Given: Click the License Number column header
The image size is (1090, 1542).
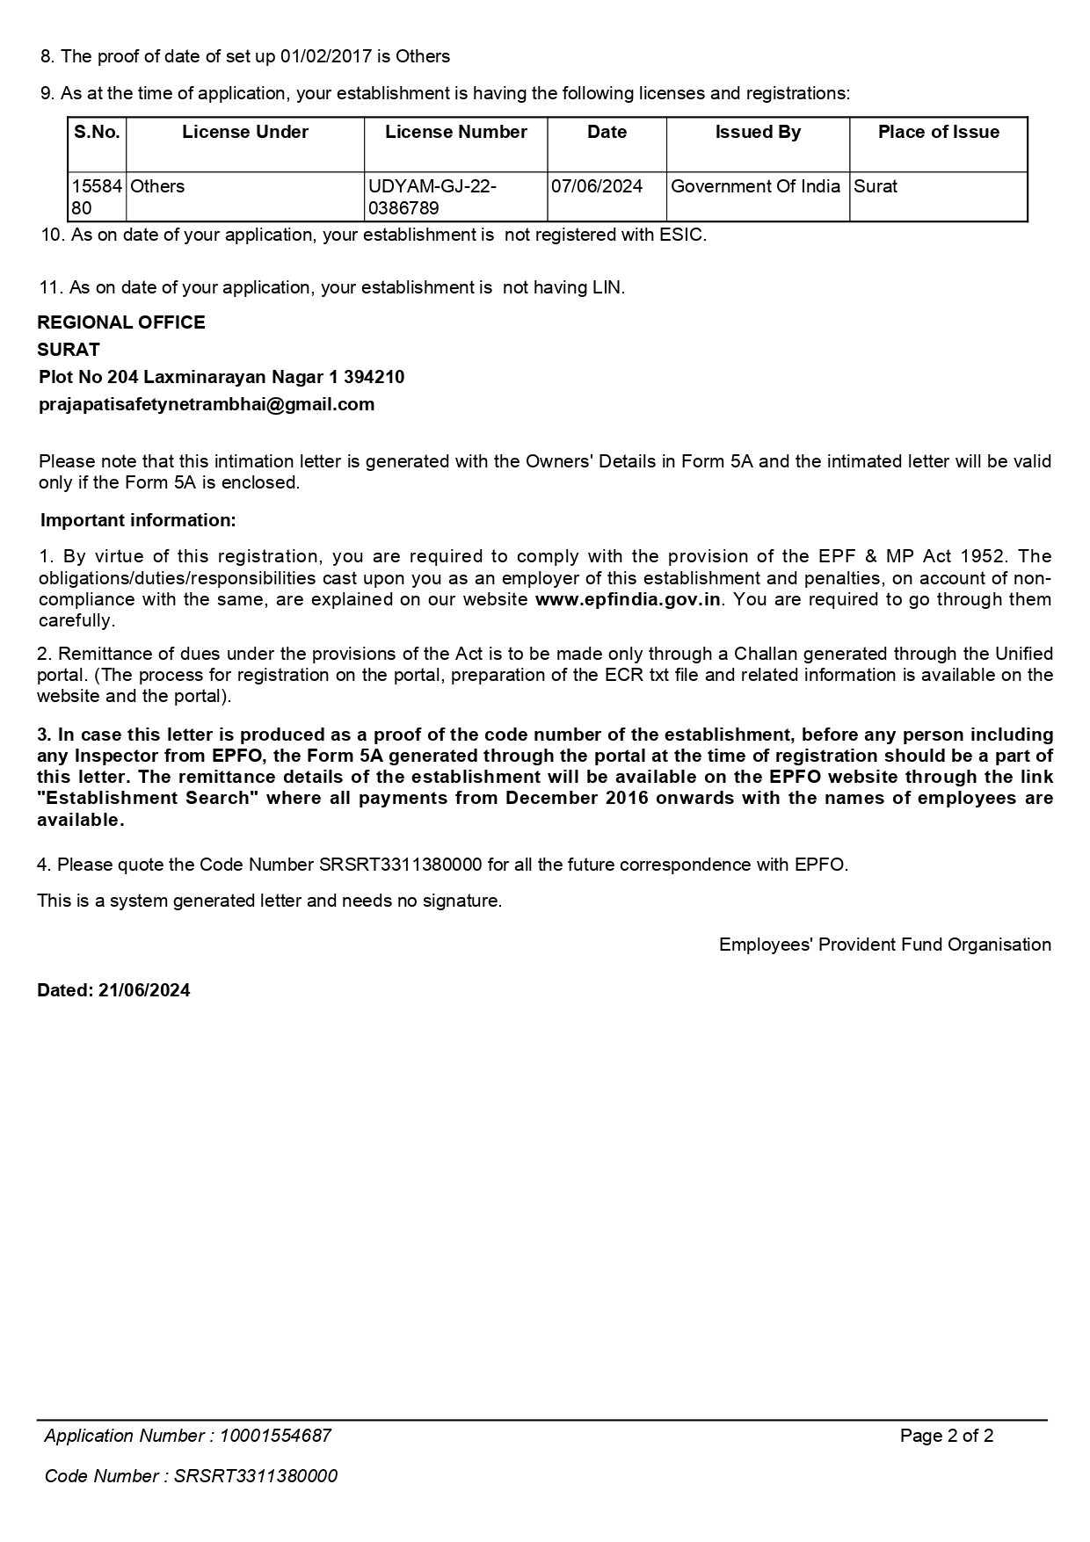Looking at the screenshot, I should pos(455,133).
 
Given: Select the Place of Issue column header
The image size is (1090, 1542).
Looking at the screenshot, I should pos(938,133).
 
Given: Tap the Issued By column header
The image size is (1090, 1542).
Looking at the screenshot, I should pos(758,133).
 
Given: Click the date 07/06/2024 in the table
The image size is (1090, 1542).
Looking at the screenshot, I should pos(597,186).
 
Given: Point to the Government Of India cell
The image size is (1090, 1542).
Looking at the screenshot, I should pos(756,186).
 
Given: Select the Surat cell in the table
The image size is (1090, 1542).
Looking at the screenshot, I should pos(876,186).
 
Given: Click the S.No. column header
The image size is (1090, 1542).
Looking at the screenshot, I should pos(97,133).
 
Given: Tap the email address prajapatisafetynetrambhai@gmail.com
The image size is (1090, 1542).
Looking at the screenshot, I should pos(207,404).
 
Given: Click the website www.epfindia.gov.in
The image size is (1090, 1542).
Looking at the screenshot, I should pos(628,599).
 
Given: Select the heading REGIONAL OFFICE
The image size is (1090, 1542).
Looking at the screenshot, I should pos(121,322).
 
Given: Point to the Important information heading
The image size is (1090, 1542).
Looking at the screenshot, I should pos(138,520).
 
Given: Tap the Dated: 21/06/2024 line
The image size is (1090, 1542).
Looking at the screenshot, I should pos(113,990).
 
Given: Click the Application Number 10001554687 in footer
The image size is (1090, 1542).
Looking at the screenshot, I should pos(275,1436).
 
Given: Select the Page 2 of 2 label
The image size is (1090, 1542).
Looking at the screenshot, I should pos(947,1436).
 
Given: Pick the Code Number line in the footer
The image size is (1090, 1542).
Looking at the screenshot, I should pos(191,1476).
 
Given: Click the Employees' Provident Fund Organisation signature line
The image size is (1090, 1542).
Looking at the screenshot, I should pos(884,945).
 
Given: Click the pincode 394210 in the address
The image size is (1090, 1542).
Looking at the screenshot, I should pos(374,377).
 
